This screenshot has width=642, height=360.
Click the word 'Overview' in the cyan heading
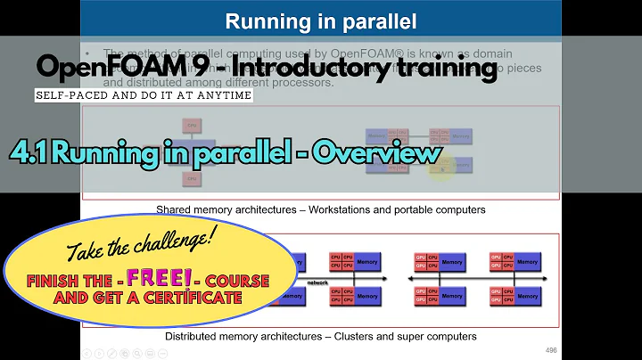click(386, 153)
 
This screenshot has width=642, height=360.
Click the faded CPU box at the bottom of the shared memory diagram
click(191, 179)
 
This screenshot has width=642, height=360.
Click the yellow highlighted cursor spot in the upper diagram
click(440, 168)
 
